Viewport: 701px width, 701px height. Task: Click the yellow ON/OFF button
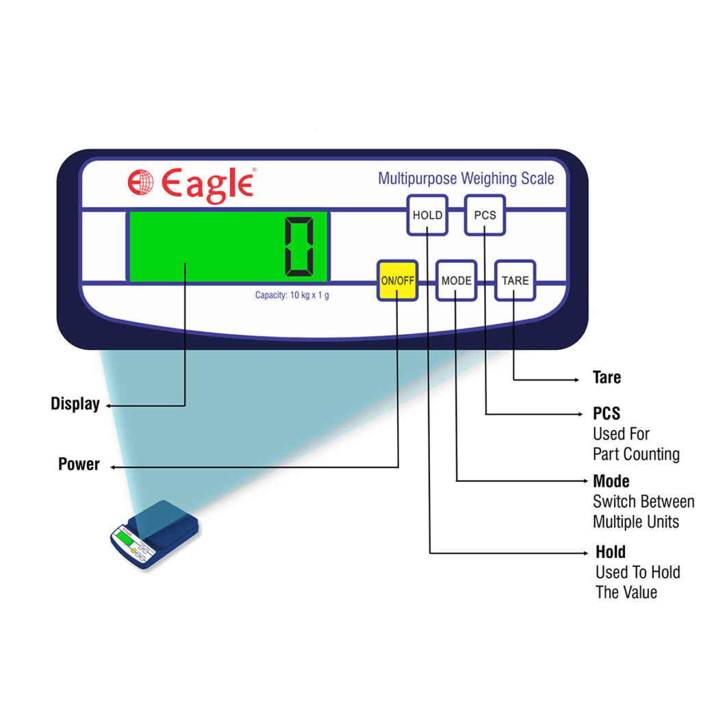(x=397, y=281)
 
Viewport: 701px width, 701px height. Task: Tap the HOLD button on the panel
(x=427, y=215)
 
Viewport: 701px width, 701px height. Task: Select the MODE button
(x=456, y=281)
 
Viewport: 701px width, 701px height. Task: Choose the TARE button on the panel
(x=515, y=281)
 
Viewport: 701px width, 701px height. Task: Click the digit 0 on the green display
(x=299, y=247)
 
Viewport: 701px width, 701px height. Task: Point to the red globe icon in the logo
(x=140, y=182)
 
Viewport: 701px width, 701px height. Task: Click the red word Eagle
(x=208, y=183)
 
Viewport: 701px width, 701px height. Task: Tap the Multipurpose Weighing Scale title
(x=466, y=179)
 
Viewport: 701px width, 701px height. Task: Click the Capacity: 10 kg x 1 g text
(x=292, y=296)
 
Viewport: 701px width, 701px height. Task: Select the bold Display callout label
(x=75, y=404)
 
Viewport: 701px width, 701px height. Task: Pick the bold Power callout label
(x=79, y=464)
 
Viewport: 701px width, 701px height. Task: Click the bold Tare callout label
(x=607, y=378)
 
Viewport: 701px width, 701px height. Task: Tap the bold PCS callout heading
(x=607, y=413)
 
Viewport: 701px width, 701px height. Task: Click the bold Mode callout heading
(x=611, y=481)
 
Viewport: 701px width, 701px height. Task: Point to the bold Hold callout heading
(x=611, y=552)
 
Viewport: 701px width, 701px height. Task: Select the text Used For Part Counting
(x=636, y=444)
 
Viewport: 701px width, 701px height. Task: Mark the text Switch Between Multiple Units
(x=643, y=512)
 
